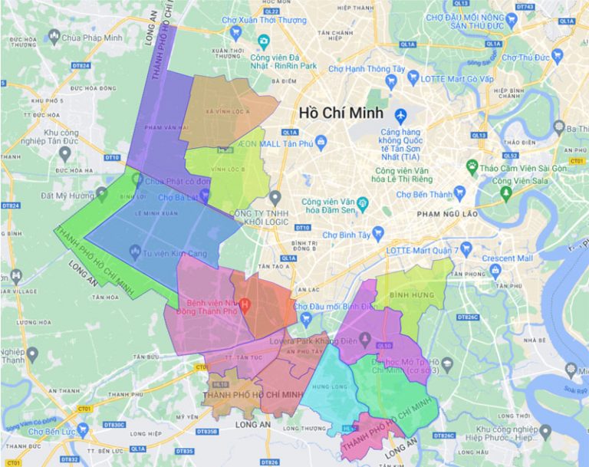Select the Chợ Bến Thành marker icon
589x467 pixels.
(460, 192)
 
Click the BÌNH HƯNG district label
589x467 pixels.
(407, 294)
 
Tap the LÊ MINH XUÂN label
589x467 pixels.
(154, 215)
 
